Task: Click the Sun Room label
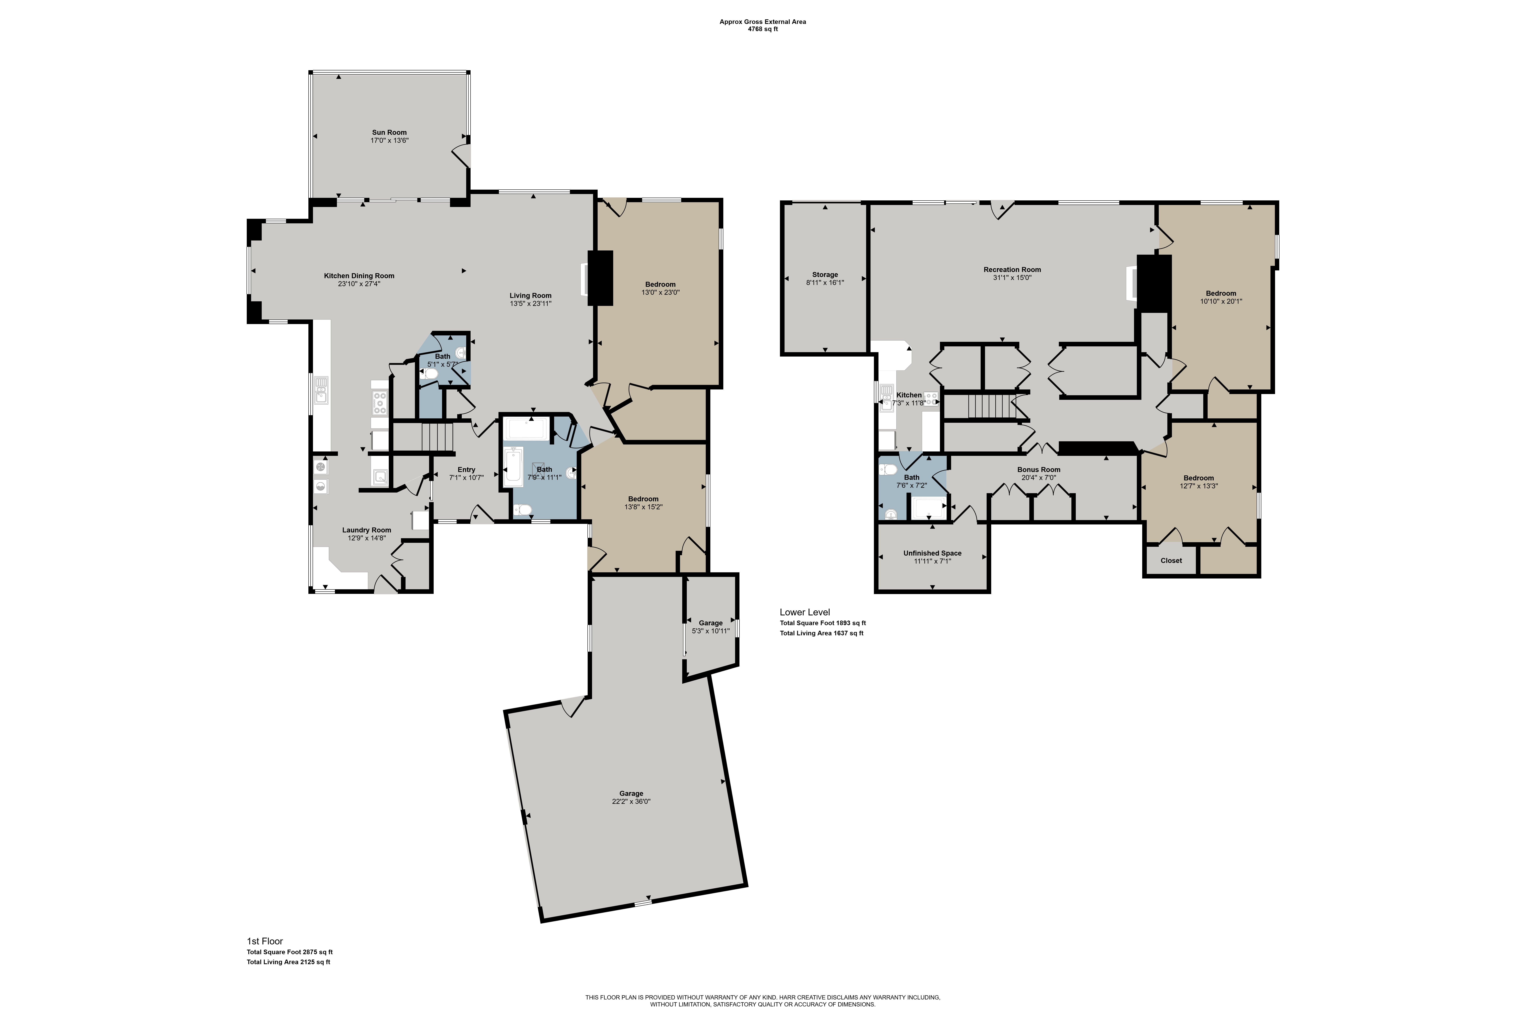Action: pyautogui.click(x=389, y=132)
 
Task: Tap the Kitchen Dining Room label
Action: pyautogui.click(x=359, y=276)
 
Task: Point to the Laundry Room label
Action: pyautogui.click(x=367, y=530)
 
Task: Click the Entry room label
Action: pyautogui.click(x=467, y=470)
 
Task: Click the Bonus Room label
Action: pyautogui.click(x=1039, y=470)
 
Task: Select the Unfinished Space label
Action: pyautogui.click(x=932, y=553)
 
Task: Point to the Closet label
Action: pyautogui.click(x=1171, y=560)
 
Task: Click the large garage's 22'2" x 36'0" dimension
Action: pyautogui.click(x=631, y=802)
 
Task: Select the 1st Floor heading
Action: pyautogui.click(x=265, y=941)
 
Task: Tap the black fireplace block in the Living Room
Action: pyautogui.click(x=600, y=278)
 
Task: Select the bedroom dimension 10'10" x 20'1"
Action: pyautogui.click(x=1221, y=301)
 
